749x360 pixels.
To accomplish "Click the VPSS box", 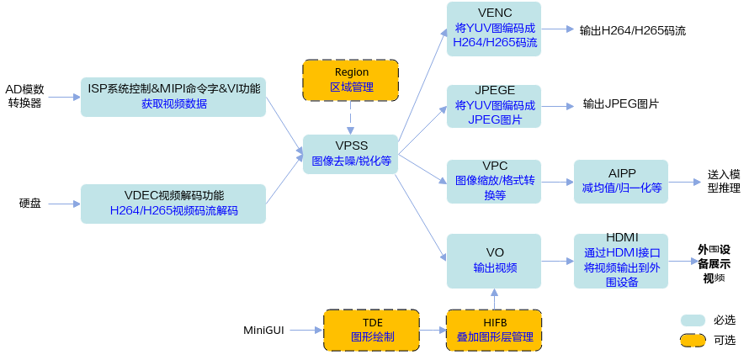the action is pos(351,154).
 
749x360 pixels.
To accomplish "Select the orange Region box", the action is pos(351,80).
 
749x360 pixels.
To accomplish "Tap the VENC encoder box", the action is pos(494,29).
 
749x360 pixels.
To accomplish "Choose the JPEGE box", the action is pos(494,106).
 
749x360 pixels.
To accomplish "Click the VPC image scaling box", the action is pos(494,182).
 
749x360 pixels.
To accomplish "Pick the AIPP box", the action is pos(621,182).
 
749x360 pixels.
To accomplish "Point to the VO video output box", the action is pos(494,261).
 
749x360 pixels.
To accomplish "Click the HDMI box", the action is pos(621,261).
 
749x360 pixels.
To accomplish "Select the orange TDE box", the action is pos(372,330).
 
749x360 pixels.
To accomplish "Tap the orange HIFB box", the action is pos(494,330).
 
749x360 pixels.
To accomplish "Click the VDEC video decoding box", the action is pos(173,204).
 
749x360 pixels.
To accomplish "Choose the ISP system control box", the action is pos(173,97).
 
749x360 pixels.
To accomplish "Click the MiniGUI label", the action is pos(263,330).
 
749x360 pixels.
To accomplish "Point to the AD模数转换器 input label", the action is pos(25,96).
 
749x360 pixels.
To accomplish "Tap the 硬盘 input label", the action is pos(30,204).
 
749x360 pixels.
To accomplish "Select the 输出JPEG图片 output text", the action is pos(621,103).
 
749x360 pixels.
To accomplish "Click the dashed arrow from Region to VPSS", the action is pos(351,118).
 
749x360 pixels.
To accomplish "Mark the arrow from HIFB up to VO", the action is pos(494,299).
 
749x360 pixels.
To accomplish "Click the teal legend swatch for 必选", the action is pos(693,320).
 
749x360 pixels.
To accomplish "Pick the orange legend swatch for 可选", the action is pos(693,340).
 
